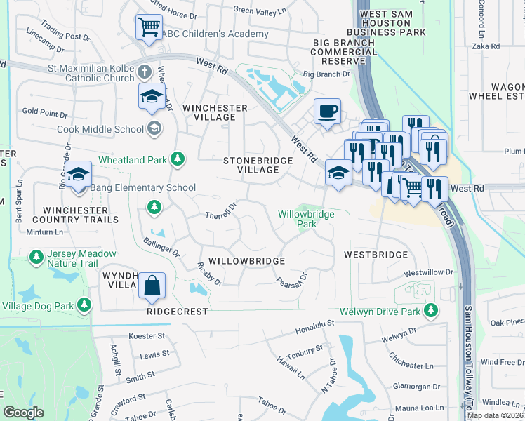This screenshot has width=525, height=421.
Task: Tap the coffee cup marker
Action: pos(327,112)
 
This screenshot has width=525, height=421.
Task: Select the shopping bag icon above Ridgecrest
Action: pos(152,286)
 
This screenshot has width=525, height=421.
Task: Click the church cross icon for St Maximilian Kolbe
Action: pos(145,72)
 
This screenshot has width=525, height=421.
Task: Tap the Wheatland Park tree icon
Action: pos(178,159)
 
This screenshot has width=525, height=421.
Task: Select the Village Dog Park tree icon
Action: pos(84,305)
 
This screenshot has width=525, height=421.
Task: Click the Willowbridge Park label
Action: pos(306,219)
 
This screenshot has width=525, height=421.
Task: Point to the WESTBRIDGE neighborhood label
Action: pos(376,255)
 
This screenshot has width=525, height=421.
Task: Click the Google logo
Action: pos(23,413)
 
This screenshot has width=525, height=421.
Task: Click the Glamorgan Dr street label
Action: pos(417,386)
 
